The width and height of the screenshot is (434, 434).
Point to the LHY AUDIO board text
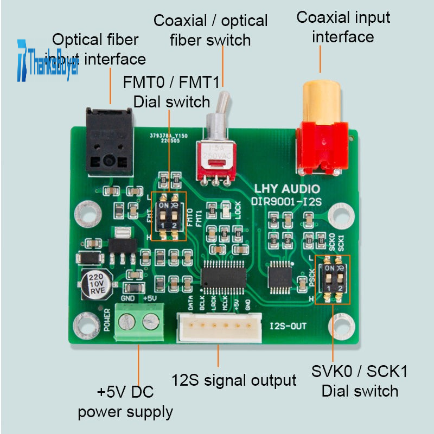[288, 189]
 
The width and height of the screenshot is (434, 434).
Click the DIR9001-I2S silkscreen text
[286, 201]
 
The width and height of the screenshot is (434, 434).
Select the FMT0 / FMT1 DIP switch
[168, 216]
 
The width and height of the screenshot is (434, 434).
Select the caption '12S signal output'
[234, 380]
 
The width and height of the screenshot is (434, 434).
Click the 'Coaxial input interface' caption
[343, 27]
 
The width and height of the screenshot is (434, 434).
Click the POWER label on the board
[107, 320]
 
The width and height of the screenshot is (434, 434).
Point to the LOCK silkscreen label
[238, 210]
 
